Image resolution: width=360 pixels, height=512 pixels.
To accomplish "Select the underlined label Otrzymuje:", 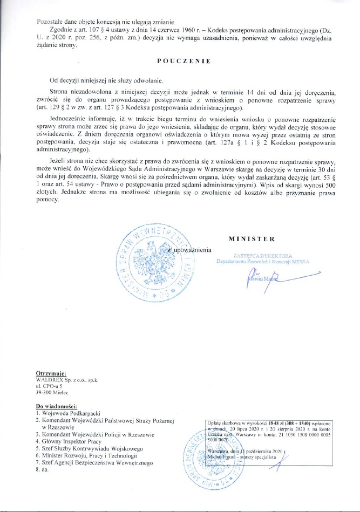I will coord(51,373).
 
